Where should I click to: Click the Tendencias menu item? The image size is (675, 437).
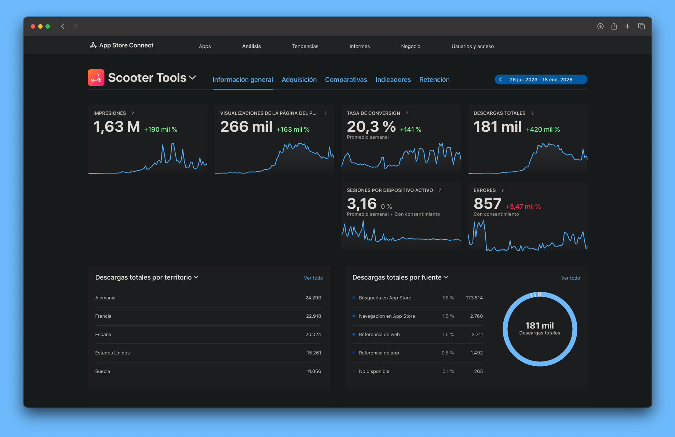[x=305, y=46]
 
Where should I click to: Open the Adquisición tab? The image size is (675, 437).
[x=299, y=80]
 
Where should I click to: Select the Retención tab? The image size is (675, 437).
[x=434, y=80]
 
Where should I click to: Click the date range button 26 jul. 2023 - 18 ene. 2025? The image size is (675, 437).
[x=541, y=80]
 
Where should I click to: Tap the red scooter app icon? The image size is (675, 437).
[x=96, y=78]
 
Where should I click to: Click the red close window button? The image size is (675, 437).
[x=33, y=26]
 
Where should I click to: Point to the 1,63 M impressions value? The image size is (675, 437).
[x=117, y=127]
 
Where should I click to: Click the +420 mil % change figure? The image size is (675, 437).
[x=543, y=130]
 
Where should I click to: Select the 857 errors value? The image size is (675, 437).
[x=487, y=204]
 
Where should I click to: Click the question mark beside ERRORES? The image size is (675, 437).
[x=503, y=190]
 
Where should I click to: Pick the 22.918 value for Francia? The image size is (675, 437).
[x=313, y=316]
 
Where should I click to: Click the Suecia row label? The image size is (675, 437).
[x=102, y=371]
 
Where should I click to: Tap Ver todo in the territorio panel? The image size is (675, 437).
[x=313, y=278]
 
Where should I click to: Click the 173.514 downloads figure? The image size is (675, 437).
[x=474, y=298]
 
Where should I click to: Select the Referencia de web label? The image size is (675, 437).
[x=379, y=335]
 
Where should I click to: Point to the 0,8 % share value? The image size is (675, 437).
[x=448, y=353]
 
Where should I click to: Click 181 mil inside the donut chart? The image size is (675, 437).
[x=539, y=325]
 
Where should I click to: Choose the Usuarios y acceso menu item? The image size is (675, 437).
[x=472, y=46]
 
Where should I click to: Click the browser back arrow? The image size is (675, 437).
[x=63, y=26]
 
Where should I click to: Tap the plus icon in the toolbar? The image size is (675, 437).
[x=628, y=26]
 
